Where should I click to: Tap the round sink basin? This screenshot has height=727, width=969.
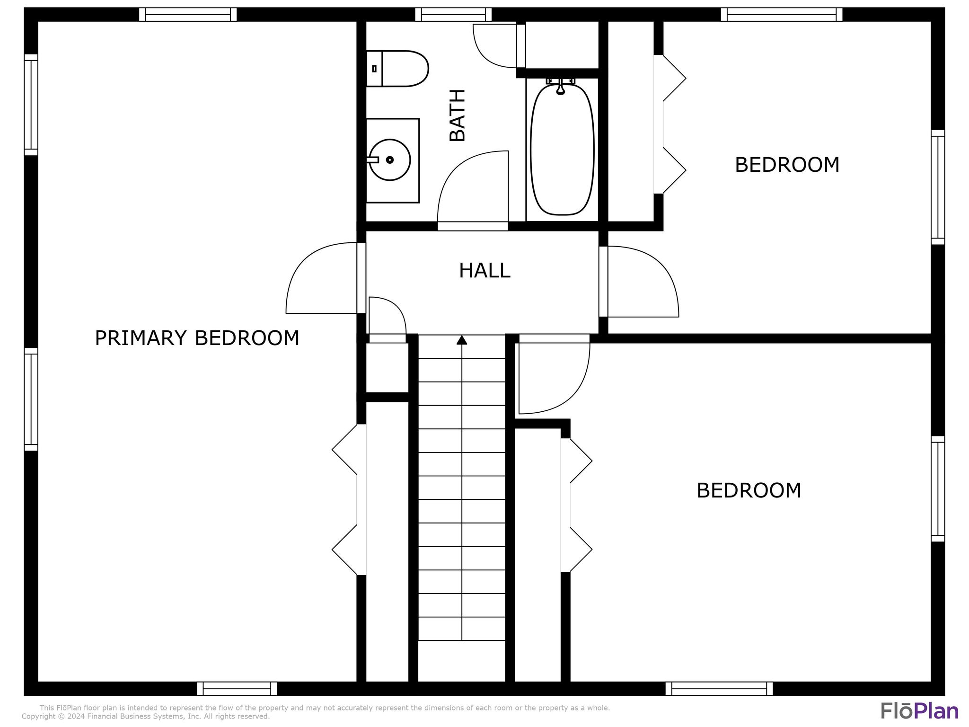tap(389, 160)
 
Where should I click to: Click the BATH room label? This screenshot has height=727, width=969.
tap(458, 115)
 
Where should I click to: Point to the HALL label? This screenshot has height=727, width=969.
tap(484, 271)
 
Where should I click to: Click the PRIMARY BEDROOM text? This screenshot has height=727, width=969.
tap(197, 338)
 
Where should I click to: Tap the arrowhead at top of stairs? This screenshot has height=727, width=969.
tap(462, 340)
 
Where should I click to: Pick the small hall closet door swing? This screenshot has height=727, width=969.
tap(387, 316)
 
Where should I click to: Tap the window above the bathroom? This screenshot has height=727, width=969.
tap(453, 15)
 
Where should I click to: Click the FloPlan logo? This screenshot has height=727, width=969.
tap(919, 711)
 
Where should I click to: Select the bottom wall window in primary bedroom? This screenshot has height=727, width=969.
tap(237, 688)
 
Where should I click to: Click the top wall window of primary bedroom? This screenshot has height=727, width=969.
tap(188, 15)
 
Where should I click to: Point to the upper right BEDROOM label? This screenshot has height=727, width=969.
tap(787, 165)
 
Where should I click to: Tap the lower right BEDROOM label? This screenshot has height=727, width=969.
tap(749, 490)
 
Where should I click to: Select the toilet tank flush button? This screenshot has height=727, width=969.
tap(374, 69)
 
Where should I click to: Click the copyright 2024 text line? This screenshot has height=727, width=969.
tap(146, 717)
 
